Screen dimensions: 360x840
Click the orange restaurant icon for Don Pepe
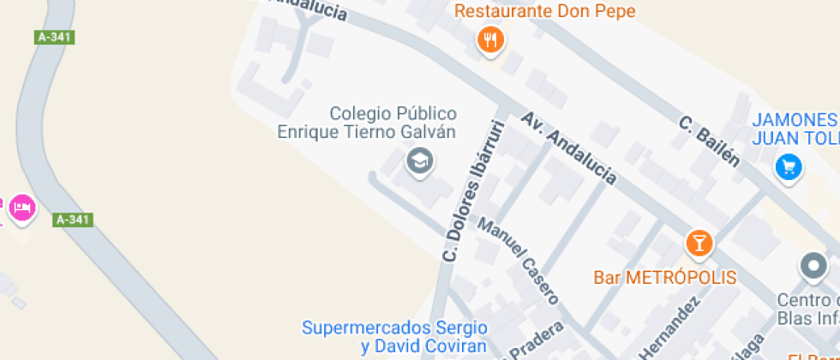pyautogui.click(x=489, y=39)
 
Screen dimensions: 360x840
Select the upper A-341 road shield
pyautogui.click(x=55, y=37)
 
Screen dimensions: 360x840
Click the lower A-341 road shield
pyautogui.click(x=73, y=219)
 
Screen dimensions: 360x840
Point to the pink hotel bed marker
pyautogui.click(x=21, y=207)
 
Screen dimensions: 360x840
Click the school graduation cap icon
pyautogui.click(x=419, y=159)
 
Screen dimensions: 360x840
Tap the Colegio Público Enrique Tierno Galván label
pyautogui.click(x=367, y=123)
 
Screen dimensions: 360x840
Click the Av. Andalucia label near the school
pyautogui.click(x=568, y=147)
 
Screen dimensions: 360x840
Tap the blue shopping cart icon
pyautogui.click(x=788, y=167)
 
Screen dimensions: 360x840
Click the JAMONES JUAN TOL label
pyautogui.click(x=795, y=129)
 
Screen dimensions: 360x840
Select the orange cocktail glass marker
pyautogui.click(x=699, y=243)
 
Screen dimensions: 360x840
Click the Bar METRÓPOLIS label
pyautogui.click(x=665, y=278)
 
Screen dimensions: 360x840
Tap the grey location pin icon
pyautogui.click(x=812, y=267)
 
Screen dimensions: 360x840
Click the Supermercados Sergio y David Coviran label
pyautogui.click(x=394, y=337)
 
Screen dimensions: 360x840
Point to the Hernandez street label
pyautogui.click(x=669, y=330)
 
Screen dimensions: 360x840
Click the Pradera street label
pyautogui.click(x=536, y=341)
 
